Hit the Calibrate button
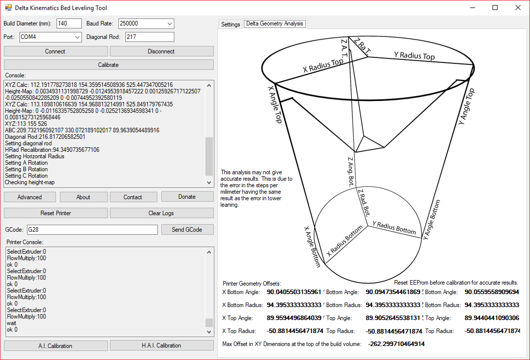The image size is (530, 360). tap(108, 65)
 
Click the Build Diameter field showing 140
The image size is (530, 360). tap(69, 23)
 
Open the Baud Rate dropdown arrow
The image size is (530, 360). tap(170, 23)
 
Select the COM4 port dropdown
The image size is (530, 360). tap(50, 37)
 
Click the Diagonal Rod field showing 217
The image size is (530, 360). tap(150, 37)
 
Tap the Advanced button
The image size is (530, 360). tap(30, 197)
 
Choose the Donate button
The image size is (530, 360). tap(187, 197)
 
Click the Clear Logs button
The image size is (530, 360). tap(161, 213)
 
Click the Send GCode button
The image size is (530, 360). tap(187, 230)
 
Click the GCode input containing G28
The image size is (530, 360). tap(92, 230)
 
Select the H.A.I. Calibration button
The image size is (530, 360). tap(161, 346)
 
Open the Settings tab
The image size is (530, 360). tap(230, 24)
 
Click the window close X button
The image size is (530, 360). tap(518, 7)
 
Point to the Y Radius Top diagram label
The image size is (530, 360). tap(415, 56)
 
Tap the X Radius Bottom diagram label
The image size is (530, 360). tap(345, 241)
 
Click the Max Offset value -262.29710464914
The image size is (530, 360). tap(397, 344)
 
